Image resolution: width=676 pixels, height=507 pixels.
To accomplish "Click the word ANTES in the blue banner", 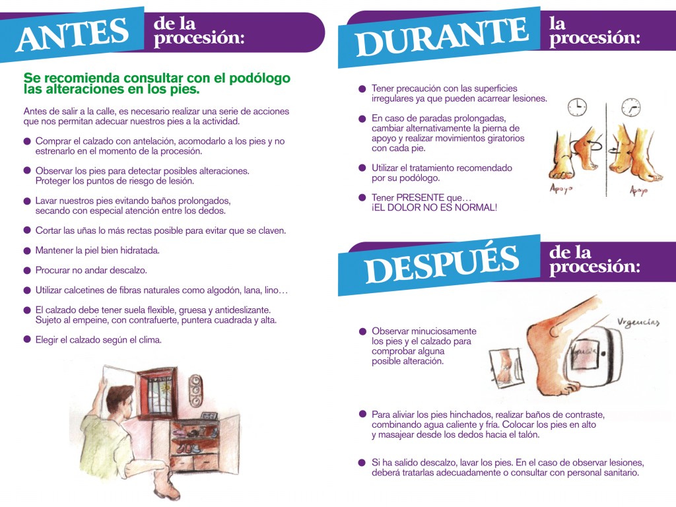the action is coord(73,34).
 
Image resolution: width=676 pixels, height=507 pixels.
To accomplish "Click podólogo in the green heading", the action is coord(259,79).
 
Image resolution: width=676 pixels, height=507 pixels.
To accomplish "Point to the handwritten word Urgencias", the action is coord(638,322).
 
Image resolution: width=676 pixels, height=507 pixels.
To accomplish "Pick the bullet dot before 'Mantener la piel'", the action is coord(27,251).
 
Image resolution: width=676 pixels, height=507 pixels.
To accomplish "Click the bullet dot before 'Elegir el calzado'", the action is coord(27,340).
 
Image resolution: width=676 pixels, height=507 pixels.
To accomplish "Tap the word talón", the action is coord(528,434).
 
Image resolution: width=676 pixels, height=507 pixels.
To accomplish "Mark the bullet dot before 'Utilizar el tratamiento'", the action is coord(362,168).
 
